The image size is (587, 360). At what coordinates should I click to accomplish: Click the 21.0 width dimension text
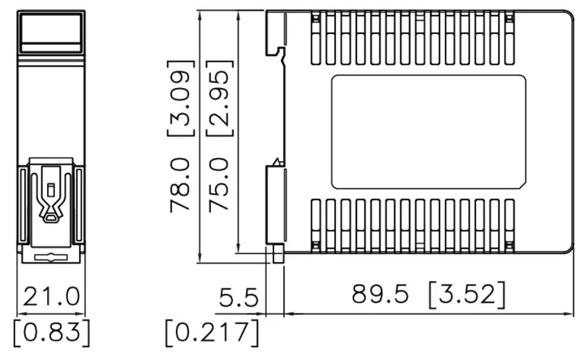51,296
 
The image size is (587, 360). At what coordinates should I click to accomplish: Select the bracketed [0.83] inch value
51,332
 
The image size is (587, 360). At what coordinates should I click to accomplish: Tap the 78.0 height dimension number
180,185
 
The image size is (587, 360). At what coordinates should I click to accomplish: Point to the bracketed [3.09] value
181,98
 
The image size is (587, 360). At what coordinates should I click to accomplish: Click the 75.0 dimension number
219,185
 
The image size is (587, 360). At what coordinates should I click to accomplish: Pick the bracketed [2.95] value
220,98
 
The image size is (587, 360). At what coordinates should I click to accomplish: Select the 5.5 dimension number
238,298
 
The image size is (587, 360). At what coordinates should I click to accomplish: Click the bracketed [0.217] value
212,332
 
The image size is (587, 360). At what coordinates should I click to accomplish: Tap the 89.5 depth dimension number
380,293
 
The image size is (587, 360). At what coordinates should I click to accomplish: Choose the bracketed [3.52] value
467,295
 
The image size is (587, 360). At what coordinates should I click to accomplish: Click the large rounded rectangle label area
429,132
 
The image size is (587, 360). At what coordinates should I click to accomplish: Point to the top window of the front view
51,29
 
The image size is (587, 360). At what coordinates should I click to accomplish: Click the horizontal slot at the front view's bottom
51,257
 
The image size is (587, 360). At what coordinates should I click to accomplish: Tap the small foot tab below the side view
278,254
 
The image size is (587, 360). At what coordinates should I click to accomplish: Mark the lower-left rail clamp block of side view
276,205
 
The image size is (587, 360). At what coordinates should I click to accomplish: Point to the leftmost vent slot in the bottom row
316,226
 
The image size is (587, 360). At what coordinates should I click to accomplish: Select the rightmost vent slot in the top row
509,38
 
